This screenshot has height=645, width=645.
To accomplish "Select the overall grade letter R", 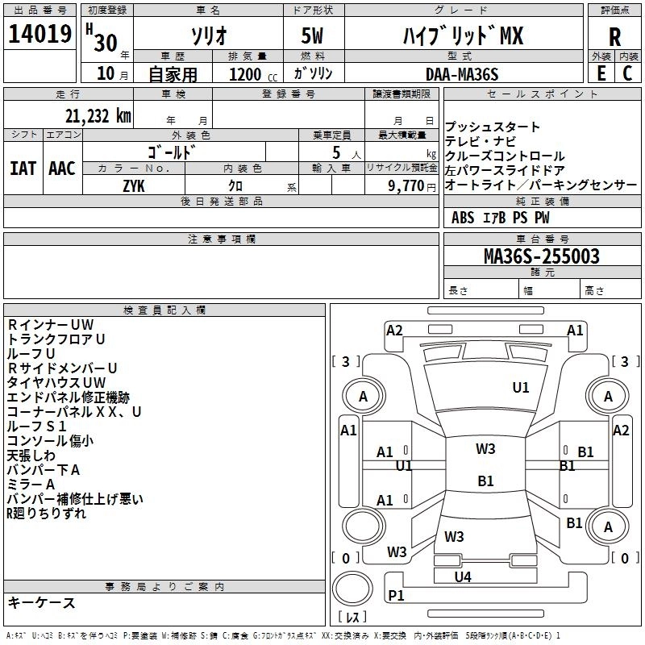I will pos(614,37).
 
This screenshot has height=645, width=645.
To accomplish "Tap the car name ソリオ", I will pos(207,35).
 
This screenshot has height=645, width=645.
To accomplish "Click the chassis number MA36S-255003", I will pos(541,256).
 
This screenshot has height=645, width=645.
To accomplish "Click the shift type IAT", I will pos(23,169).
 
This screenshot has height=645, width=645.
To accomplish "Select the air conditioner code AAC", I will pos(61,169).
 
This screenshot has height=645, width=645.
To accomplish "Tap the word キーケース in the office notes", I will pos(41,602).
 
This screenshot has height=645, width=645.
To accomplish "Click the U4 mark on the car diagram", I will pos(462,576).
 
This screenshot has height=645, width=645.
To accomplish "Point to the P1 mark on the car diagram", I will pos(397,595).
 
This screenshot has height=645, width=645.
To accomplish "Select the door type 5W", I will pos(314,36).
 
